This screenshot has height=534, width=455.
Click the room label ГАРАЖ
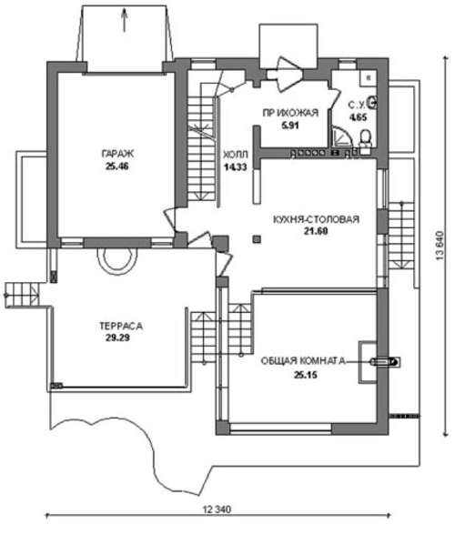[117, 154]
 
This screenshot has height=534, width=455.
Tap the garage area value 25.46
[116, 166]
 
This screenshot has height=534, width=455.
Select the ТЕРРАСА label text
[121, 327]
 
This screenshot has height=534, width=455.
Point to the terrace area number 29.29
[117, 338]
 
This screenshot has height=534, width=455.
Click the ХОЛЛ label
[236, 155]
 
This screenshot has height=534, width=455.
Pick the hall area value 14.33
[236, 166]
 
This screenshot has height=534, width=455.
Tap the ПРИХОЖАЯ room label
[290, 113]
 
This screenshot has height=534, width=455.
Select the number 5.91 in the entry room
[289, 126]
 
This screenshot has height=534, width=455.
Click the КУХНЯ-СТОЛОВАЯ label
[316, 219]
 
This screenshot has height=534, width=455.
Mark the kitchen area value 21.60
[316, 231]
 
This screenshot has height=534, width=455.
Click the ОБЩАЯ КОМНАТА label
[303, 361]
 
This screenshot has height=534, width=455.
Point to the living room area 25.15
[306, 375]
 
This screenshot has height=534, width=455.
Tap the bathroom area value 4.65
[358, 117]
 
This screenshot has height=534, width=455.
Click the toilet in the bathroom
[366, 138]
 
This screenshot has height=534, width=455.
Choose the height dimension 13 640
[440, 247]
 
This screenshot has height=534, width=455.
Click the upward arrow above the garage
[125, 20]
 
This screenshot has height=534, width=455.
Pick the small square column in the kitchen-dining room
[257, 239]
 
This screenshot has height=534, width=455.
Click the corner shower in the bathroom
[341, 136]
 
